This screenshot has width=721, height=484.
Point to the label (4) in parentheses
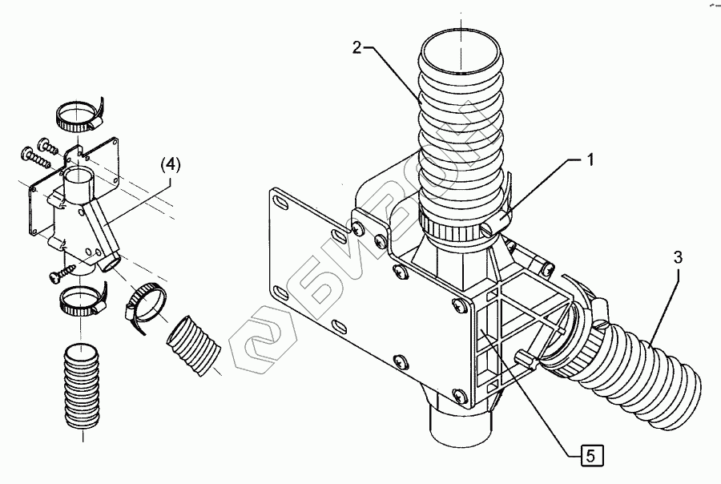click(171, 164)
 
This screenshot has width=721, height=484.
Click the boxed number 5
click(589, 456)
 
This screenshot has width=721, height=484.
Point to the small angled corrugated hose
click(193, 345)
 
